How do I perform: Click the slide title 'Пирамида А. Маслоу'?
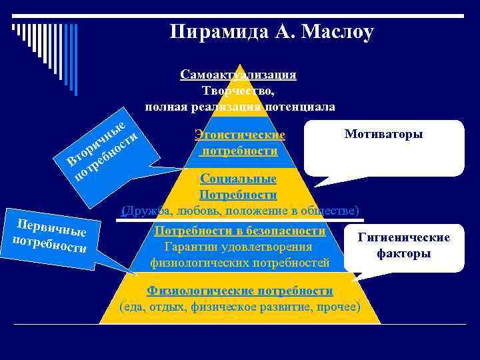tap(271, 32)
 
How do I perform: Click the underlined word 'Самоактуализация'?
tap(238, 75)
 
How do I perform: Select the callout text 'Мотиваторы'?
tap(383, 135)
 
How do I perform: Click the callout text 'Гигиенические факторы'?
tap(403, 245)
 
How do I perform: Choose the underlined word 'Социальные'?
tap(238, 179)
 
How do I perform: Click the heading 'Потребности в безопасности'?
tap(240, 231)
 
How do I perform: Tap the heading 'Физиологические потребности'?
tap(240, 291)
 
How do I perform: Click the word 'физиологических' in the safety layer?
tap(194, 263)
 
